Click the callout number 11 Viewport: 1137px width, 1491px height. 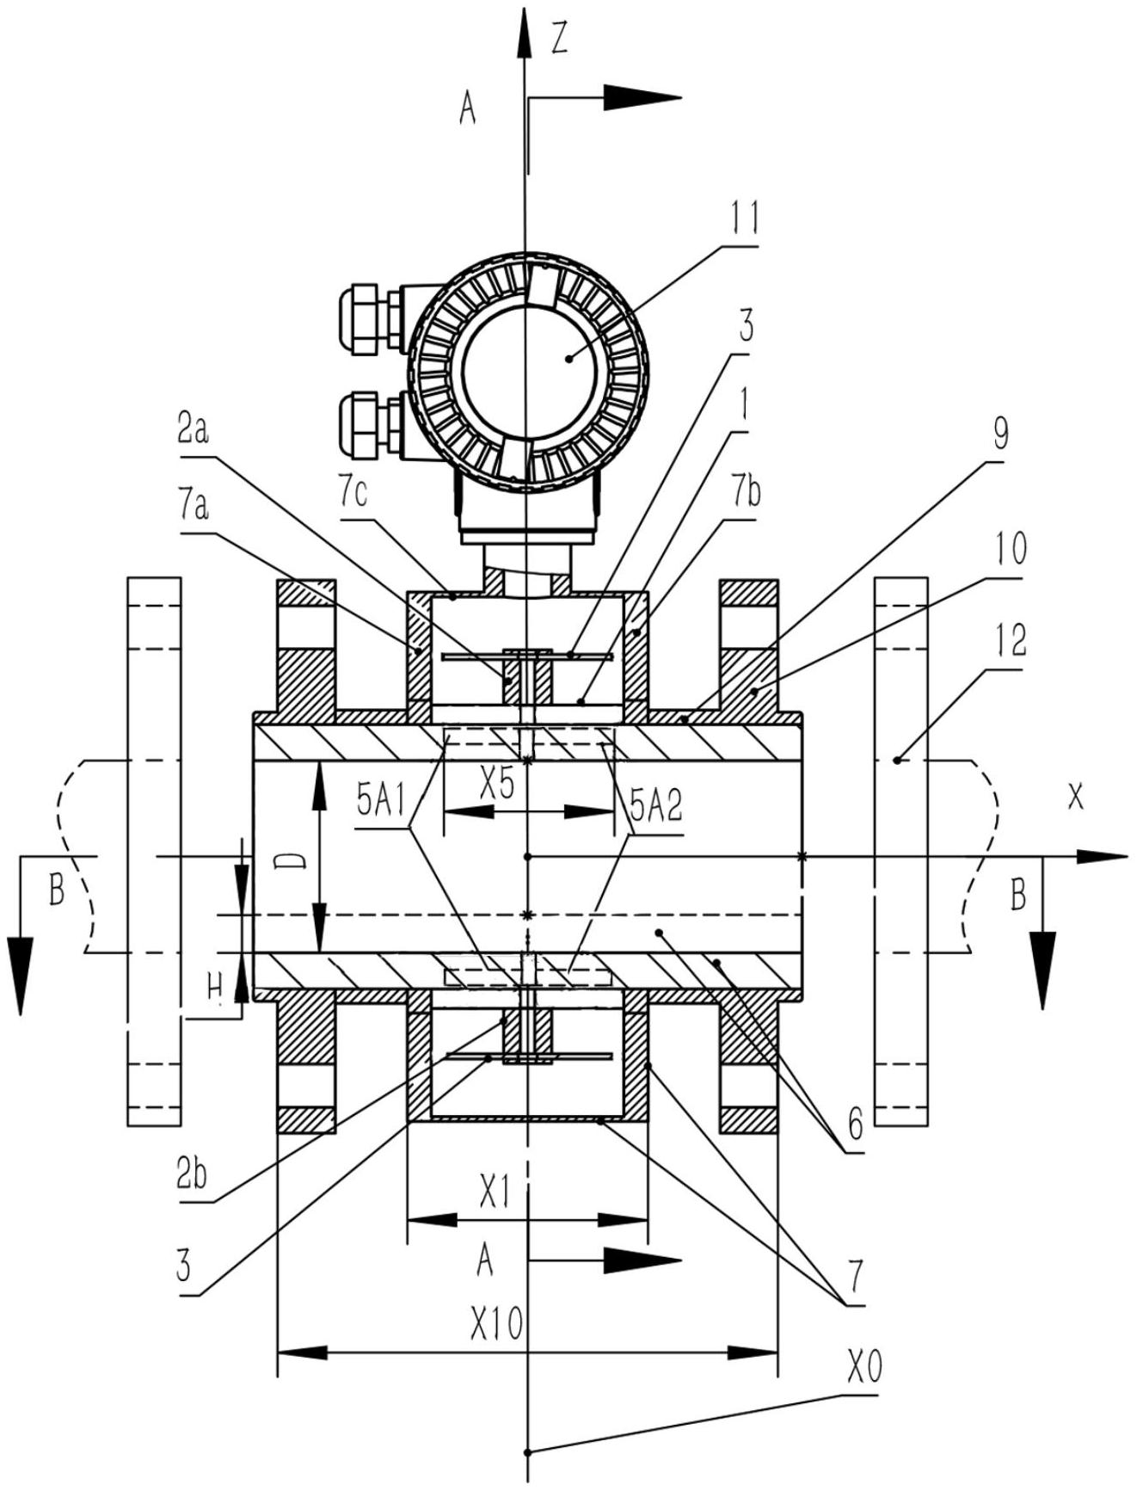[x=744, y=219]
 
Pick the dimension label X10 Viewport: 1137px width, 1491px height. [x=496, y=1325]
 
